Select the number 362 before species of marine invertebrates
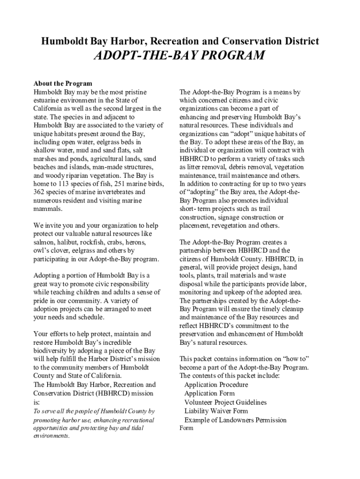pyautogui.click(x=39, y=192)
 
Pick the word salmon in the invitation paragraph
pyautogui.click(x=44, y=242)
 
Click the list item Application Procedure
pyautogui.click(x=216, y=385)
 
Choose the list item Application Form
pyautogui.click(x=209, y=393)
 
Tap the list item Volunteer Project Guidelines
pyautogui.click(x=225, y=402)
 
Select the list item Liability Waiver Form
pyautogui.click(x=216, y=411)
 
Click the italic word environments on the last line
pyautogui.click(x=50, y=436)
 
